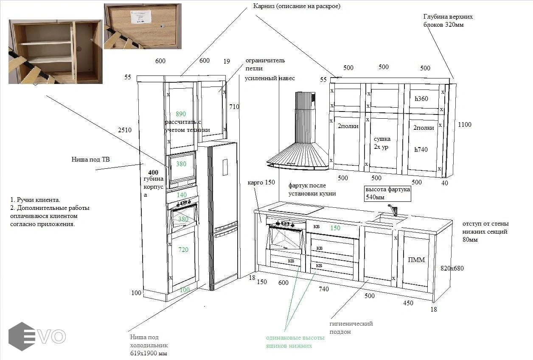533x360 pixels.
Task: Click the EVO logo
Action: pos(37,336)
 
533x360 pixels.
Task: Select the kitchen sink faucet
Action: pos(393,209)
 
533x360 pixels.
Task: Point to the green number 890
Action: pos(181,114)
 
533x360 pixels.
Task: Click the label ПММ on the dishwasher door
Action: pos(416,260)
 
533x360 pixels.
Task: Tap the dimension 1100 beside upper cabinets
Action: pos(465,125)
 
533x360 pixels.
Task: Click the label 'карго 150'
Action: pos(261,182)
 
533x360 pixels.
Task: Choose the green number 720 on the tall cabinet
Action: pos(183,250)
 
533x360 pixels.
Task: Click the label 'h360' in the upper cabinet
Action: pos(421,99)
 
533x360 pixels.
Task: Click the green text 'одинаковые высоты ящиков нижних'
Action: pos(295,342)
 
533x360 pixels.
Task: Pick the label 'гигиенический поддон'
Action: pos(351,327)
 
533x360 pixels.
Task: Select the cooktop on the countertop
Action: pos(296,208)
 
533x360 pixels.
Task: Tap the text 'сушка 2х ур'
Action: pos(382,143)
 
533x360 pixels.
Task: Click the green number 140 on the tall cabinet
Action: pos(182,195)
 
